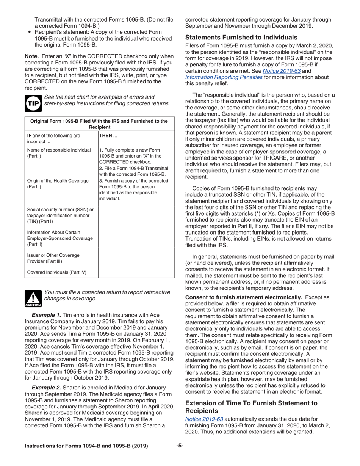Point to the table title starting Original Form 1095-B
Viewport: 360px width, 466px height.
pyautogui.click(x=99, y=124)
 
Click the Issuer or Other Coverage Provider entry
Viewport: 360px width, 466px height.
pyautogui.click(x=53, y=258)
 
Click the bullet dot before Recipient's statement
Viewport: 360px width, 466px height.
pyautogui.click(x=30, y=32)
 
